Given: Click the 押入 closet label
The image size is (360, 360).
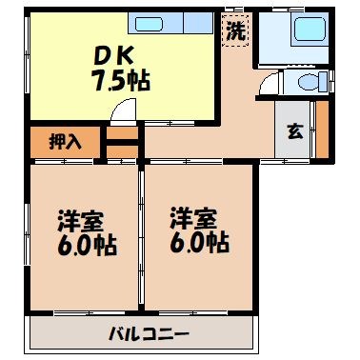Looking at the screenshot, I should [66, 143].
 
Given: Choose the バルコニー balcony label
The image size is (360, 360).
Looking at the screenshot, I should [148, 334].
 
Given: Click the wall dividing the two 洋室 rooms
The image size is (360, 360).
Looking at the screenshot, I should [142, 238].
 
